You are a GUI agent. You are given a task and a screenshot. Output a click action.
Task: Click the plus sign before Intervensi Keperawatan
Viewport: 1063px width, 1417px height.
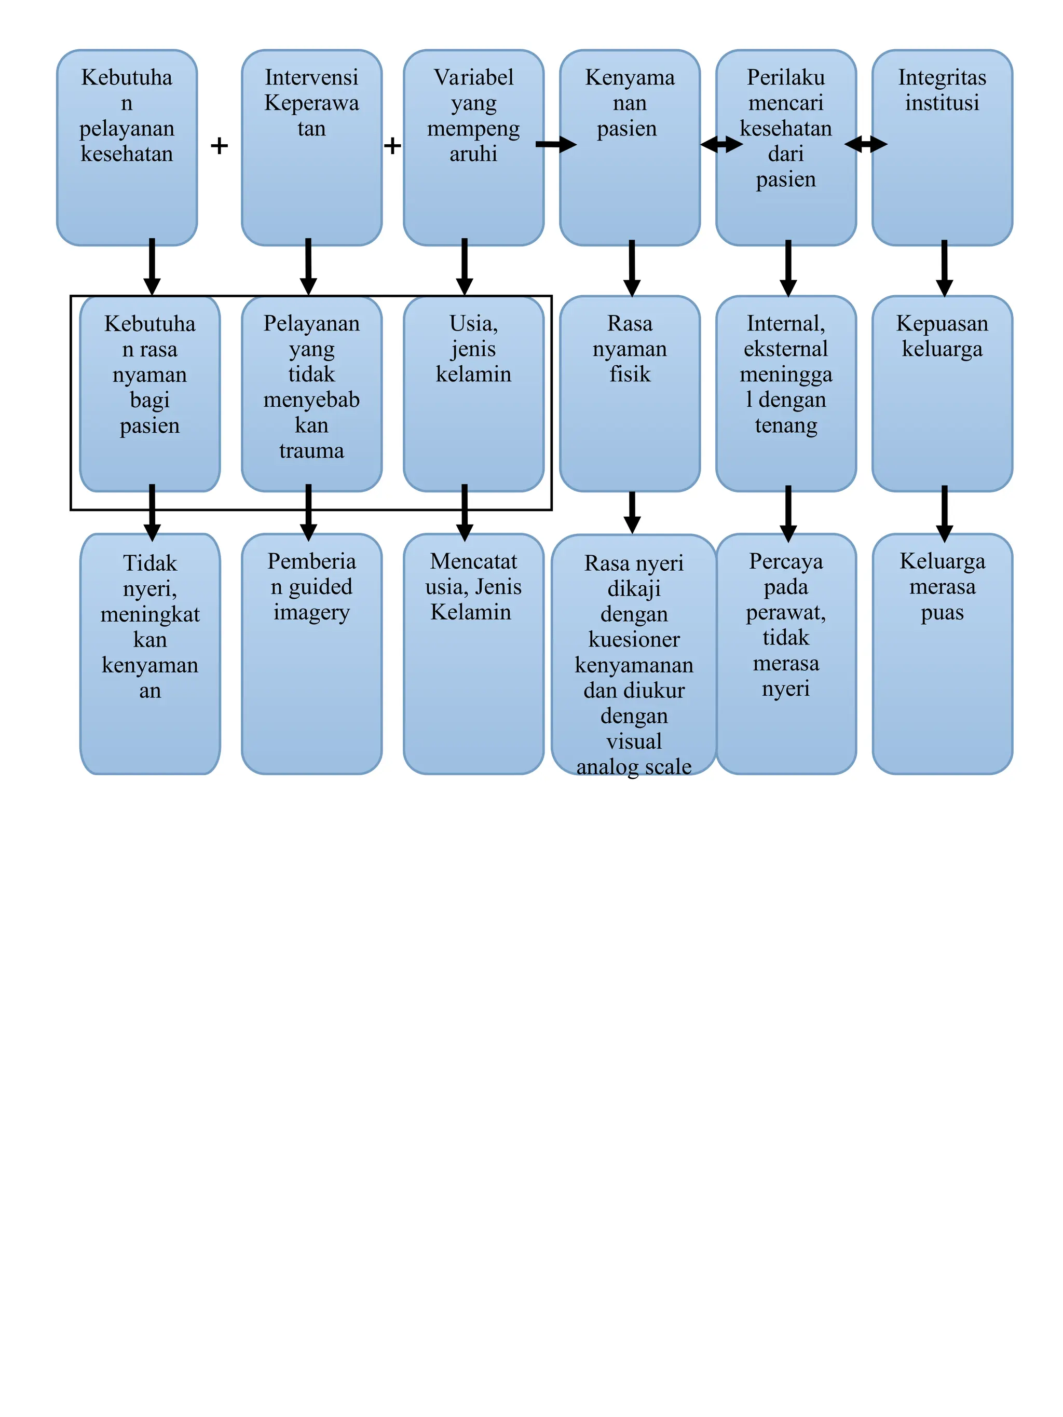pyautogui.click(x=219, y=145)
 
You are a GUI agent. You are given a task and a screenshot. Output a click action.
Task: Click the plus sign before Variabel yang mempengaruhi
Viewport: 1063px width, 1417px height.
pyautogui.click(x=392, y=145)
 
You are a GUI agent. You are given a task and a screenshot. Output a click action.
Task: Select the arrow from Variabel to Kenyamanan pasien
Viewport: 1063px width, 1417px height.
pyautogui.click(x=555, y=145)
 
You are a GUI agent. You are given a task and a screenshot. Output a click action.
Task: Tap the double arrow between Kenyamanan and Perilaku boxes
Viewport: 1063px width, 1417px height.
pyautogui.click(x=721, y=145)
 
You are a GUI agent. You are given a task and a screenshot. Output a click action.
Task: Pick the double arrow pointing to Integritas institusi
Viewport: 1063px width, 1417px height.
pyautogui.click(x=866, y=145)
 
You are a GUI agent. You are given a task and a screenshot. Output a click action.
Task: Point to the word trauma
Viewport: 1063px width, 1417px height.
pyautogui.click(x=311, y=450)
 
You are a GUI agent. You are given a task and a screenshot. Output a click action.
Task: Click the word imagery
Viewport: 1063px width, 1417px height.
pyautogui.click(x=311, y=612)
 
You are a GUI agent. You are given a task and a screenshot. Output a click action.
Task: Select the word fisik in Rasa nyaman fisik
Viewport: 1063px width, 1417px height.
pyautogui.click(x=629, y=374)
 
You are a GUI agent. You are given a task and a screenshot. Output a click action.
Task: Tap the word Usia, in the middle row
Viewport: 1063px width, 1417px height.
pyautogui.click(x=473, y=323)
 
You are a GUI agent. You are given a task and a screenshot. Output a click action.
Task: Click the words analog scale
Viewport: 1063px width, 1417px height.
pyautogui.click(x=634, y=766)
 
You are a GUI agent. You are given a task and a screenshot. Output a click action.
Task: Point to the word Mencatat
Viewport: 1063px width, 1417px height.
pyautogui.click(x=473, y=561)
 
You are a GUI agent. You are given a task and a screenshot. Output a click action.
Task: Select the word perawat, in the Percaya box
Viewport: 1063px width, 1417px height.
pyautogui.click(x=785, y=612)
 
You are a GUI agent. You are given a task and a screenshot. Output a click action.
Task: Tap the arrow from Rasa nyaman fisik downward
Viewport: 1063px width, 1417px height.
pyautogui.click(x=632, y=513)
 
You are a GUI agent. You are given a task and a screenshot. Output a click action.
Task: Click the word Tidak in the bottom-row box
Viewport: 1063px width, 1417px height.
pyautogui.click(x=150, y=563)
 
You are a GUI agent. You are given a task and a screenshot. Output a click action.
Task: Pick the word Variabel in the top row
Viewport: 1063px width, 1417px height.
pyautogui.click(x=473, y=77)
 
